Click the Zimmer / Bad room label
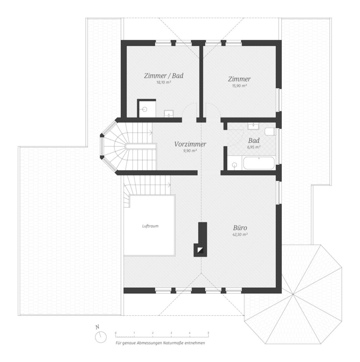coord(163,76)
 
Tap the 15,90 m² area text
coord(239,86)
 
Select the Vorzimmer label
coord(190,144)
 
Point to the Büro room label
coord(240,228)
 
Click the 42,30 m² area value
coord(240,234)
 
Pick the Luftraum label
coord(151,226)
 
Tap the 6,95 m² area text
coord(254,147)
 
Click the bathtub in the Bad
coord(259,163)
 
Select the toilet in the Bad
coord(269,132)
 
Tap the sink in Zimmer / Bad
coord(169,114)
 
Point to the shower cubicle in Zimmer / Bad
coord(147,109)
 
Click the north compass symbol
coord(101,337)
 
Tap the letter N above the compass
coord(97,327)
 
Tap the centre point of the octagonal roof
coord(292,294)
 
